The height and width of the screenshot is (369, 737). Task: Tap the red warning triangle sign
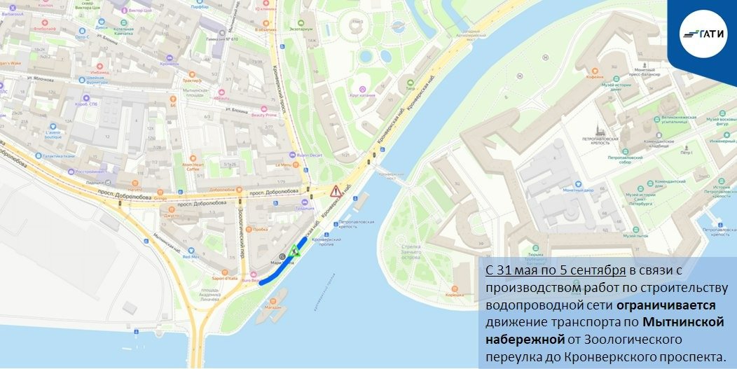336,190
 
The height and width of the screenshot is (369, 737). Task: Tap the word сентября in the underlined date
598,271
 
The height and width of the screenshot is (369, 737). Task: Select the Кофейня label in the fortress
595,78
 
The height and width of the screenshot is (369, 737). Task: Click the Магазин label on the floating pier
273,307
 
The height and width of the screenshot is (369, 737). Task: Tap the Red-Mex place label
191,256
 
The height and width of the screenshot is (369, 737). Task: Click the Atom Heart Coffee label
193,167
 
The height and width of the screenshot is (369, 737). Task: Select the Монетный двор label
583,190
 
